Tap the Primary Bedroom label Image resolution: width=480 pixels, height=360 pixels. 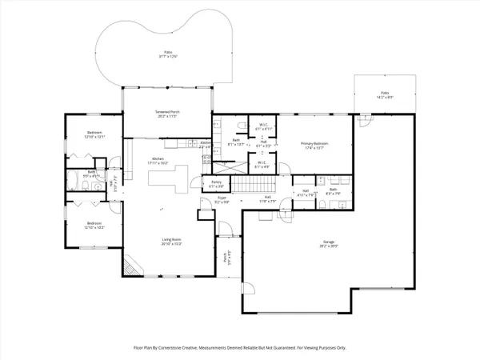316,146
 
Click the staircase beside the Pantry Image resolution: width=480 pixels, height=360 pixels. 256,186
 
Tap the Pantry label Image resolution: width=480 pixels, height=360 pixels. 216,184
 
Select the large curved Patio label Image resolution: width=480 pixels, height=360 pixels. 166,54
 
